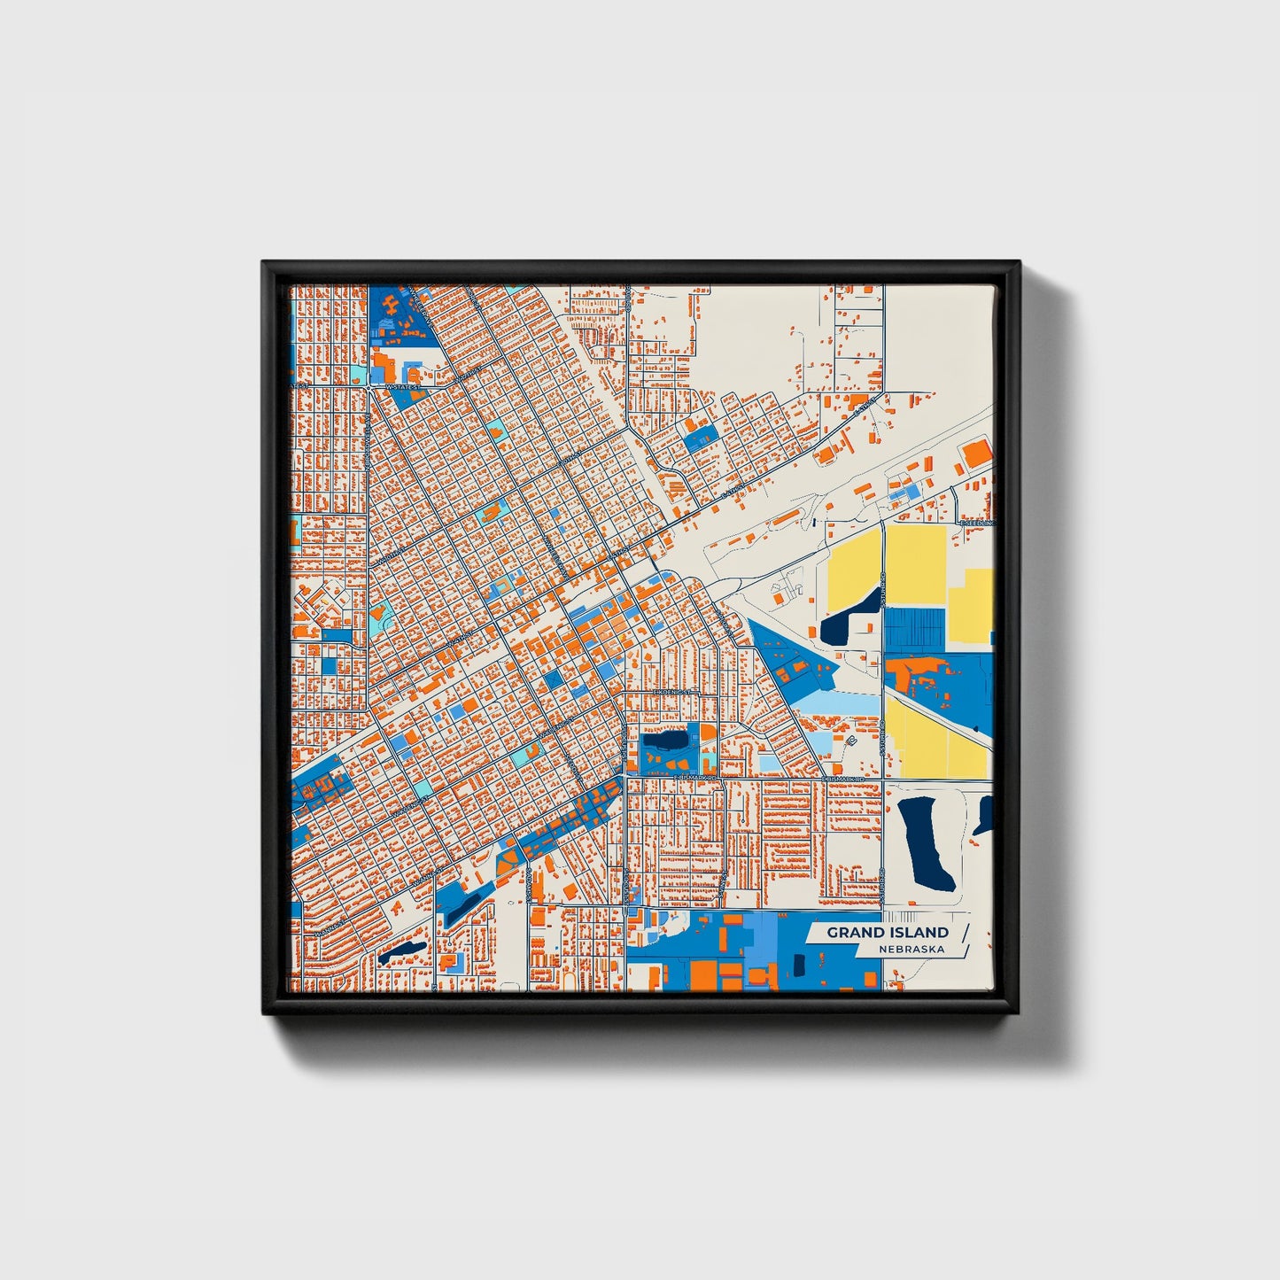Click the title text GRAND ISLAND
pos(888,932)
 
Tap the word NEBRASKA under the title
pos(912,950)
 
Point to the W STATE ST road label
pos(404,387)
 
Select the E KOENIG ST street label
pos(671,691)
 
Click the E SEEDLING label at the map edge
pos(977,524)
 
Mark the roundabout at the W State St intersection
pos(368,388)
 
